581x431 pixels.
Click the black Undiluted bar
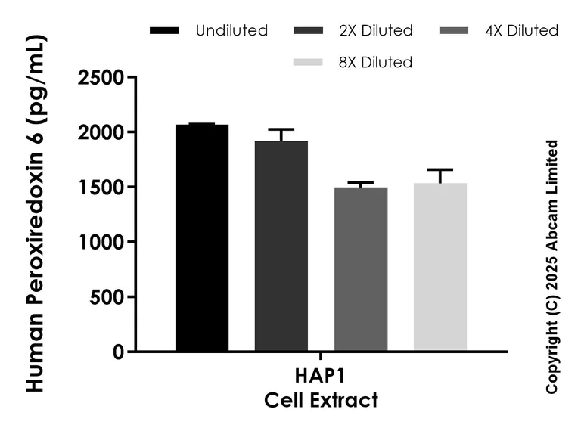click(202, 238)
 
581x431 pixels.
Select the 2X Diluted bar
click(281, 247)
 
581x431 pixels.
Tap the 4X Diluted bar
click(361, 269)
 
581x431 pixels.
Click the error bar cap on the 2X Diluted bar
click(281, 129)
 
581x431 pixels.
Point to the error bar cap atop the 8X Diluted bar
click(440, 169)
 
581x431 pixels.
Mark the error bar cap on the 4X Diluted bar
click(361, 183)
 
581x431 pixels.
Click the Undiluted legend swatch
click(165, 31)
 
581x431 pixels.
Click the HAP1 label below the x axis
click(321, 376)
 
